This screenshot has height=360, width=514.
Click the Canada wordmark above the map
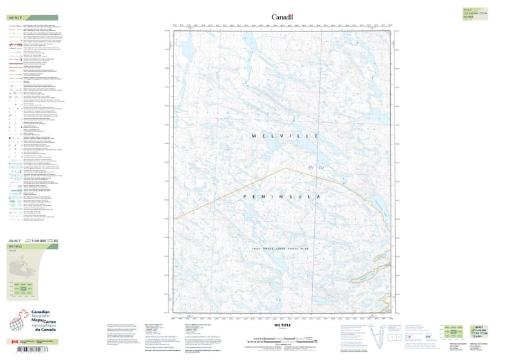pos(282,17)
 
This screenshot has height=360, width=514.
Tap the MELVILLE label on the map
pos(281,136)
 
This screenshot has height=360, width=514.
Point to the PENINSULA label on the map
pos(281,196)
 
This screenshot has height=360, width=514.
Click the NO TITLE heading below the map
pos(281,325)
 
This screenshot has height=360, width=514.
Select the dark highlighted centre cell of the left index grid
pos(23,289)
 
